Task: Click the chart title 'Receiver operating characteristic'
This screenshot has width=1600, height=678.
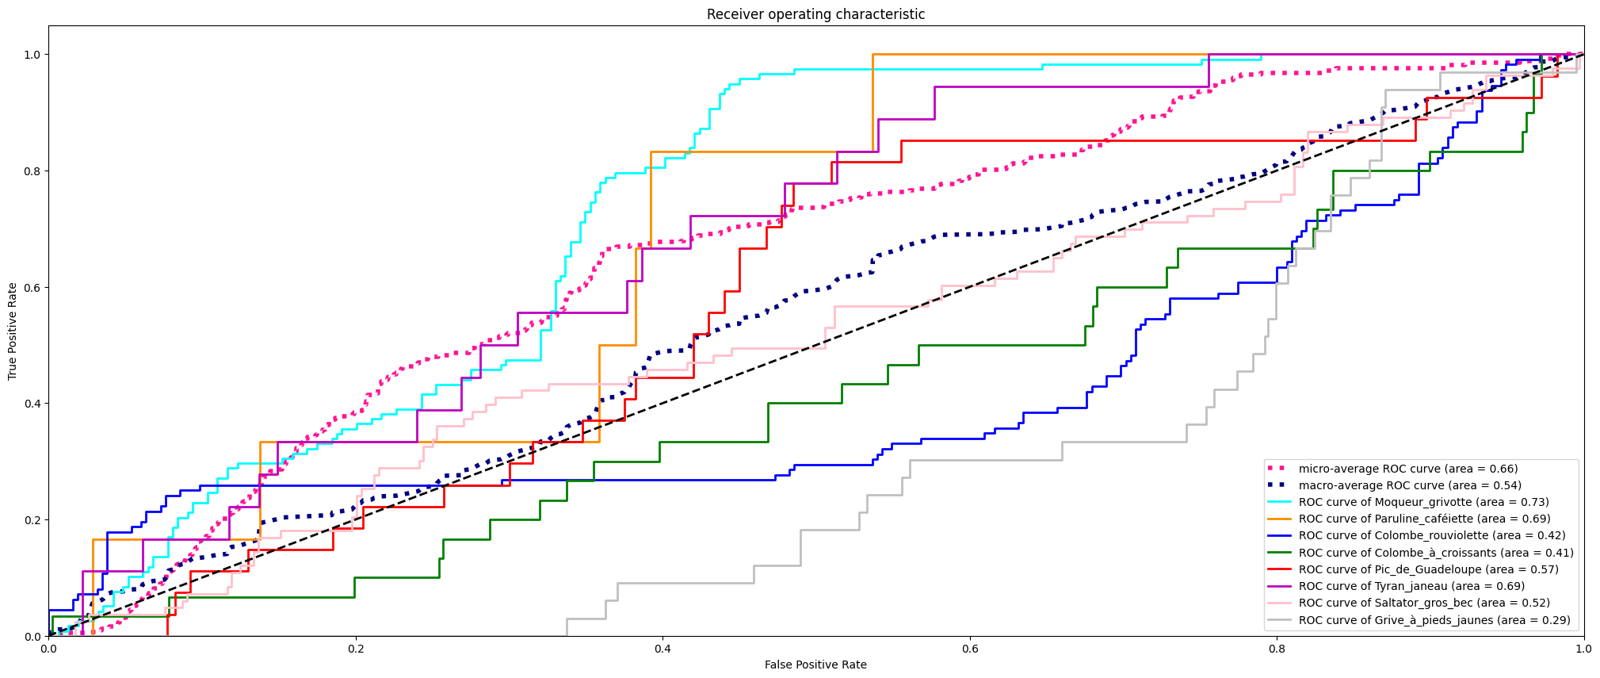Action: pos(815,14)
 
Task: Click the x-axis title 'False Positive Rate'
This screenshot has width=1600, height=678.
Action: pos(815,665)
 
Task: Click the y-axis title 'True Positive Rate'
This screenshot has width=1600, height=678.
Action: pos(13,331)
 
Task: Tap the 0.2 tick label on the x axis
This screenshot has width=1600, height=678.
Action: pos(356,649)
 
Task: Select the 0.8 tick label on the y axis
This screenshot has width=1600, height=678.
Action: pos(32,170)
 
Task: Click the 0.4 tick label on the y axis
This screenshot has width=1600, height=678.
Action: pos(32,404)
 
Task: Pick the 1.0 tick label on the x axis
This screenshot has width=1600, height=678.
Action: pos(1583,649)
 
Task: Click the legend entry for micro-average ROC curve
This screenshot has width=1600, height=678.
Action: pos(1407,469)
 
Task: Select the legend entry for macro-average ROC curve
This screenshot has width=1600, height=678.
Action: pos(1409,485)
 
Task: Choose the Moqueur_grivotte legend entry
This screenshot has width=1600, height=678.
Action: pos(1423,502)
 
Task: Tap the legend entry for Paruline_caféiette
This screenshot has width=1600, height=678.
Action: pos(1424,519)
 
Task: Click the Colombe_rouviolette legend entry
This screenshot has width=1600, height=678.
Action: pos(1431,535)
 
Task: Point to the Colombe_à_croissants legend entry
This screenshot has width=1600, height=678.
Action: pos(1435,553)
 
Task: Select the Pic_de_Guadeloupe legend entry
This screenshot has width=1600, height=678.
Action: pos(1428,569)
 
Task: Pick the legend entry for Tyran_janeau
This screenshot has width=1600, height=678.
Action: pos(1411,586)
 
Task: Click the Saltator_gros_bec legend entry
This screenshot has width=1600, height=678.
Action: pos(1424,603)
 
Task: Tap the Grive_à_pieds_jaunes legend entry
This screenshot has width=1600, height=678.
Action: pos(1434,620)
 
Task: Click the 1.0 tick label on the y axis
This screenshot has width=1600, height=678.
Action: pos(32,55)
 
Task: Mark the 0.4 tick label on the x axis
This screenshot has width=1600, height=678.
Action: pos(663,649)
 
